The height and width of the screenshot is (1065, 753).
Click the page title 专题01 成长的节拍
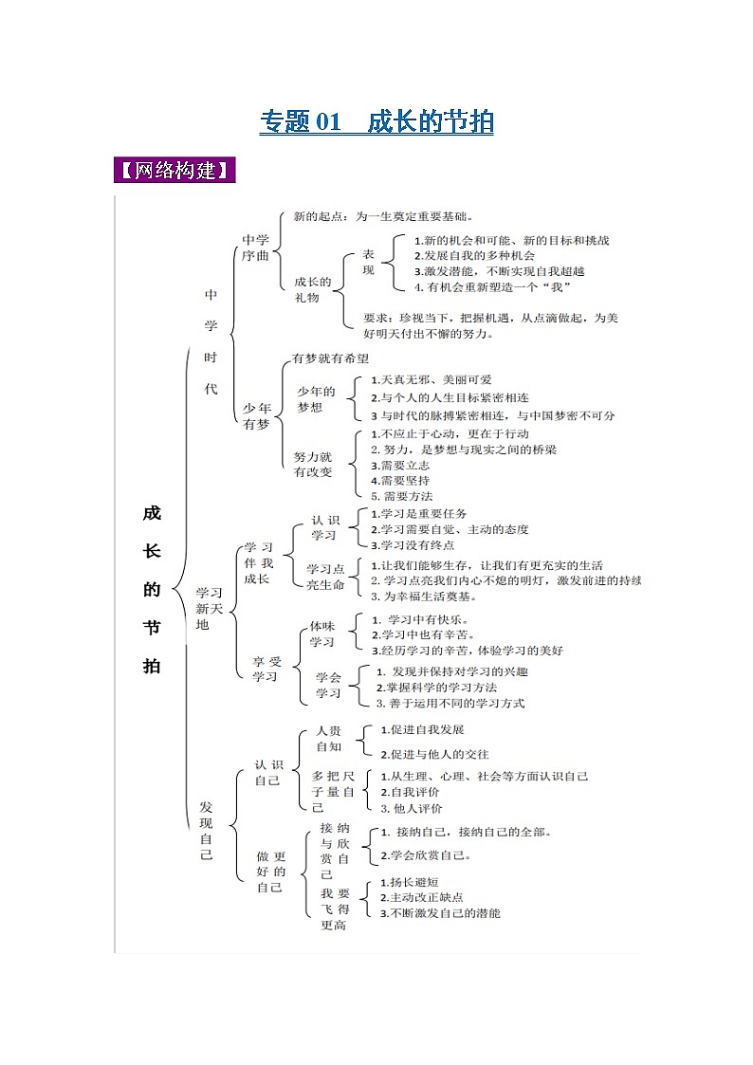[x=376, y=122]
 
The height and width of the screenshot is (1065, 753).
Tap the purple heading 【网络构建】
[x=174, y=172]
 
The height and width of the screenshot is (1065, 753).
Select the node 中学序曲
[x=256, y=249]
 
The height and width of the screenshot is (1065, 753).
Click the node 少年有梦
[x=256, y=416]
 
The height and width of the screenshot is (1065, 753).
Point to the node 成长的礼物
[x=313, y=289]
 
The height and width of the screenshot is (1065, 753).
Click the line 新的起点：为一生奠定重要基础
[x=384, y=216]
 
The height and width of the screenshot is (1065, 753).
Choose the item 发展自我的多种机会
[x=474, y=256]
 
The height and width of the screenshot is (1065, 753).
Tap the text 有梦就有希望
[x=330, y=358]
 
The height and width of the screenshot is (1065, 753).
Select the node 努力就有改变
[x=313, y=464]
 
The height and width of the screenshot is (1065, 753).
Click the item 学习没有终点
[x=413, y=545]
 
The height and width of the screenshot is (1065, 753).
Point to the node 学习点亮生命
[x=325, y=577]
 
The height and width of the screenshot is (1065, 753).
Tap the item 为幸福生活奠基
[x=424, y=597]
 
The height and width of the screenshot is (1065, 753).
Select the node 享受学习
[x=265, y=668]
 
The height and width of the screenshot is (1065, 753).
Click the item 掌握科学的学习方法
[x=437, y=688]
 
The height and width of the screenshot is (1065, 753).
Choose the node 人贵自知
[x=328, y=739]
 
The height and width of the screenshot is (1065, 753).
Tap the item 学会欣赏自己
[x=426, y=855]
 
